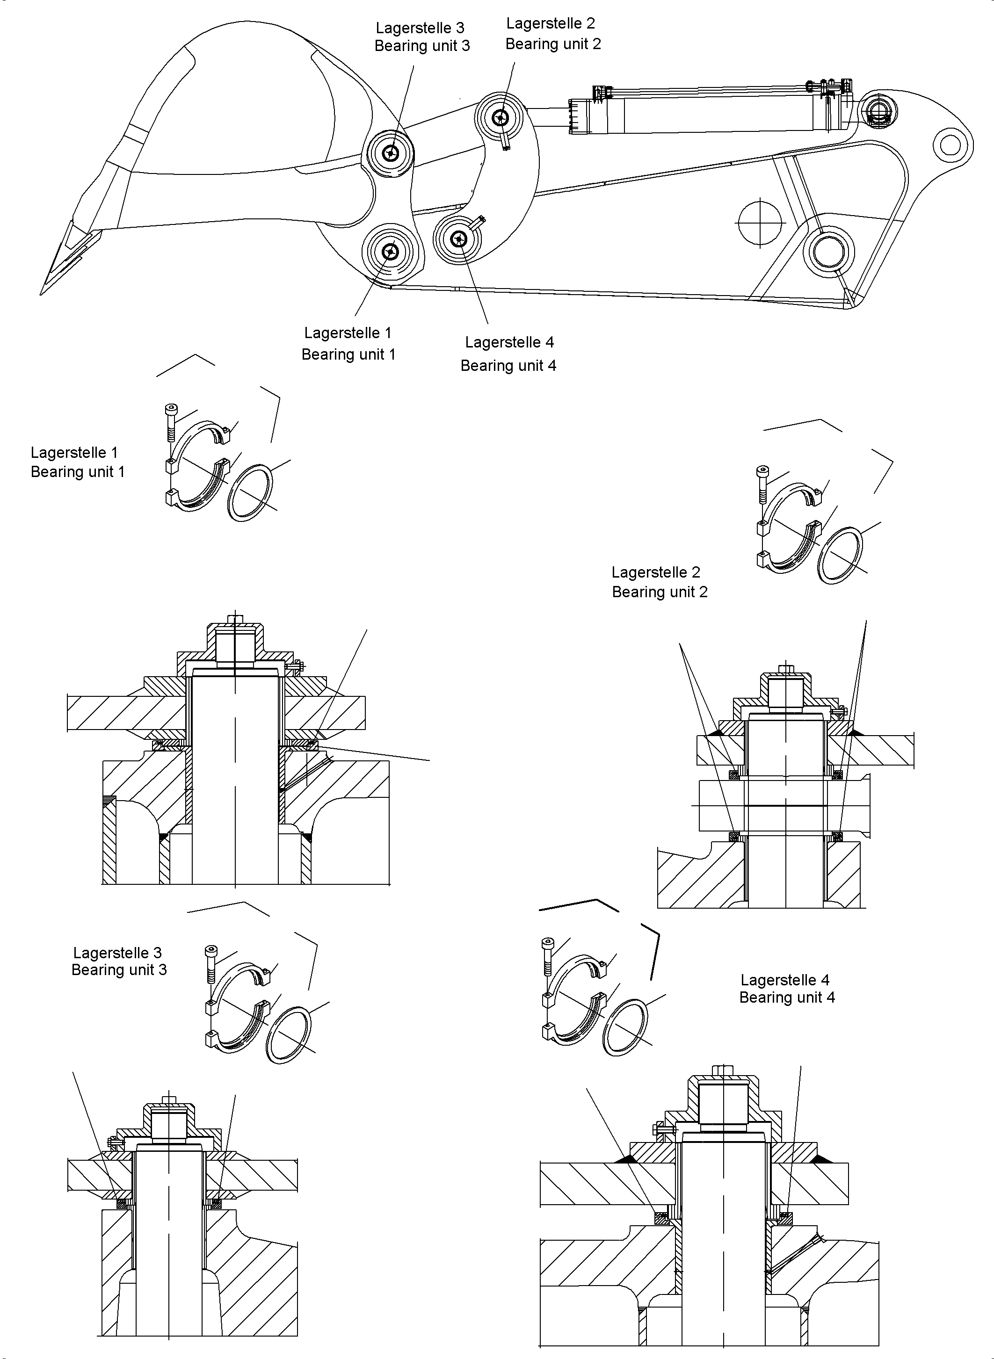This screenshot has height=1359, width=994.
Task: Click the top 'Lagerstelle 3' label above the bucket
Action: pos(420,28)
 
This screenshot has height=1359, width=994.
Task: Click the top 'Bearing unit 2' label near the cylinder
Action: pos(553,44)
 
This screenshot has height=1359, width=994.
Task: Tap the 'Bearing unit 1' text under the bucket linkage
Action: pos(348,354)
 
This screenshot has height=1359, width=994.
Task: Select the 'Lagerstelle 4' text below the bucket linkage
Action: pos(509,342)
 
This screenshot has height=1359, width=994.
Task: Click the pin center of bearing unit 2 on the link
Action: pos(500,118)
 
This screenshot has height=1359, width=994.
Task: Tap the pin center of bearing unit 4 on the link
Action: pos(459,239)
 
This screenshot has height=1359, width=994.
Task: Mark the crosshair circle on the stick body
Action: pos(760,222)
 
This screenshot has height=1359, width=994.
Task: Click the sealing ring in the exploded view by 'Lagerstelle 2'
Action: pos(841,555)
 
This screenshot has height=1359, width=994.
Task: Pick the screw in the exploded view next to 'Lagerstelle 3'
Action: pos(211,961)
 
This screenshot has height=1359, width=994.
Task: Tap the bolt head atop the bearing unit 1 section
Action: pos(235,619)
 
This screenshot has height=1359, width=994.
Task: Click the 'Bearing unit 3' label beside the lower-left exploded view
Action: pos(119,970)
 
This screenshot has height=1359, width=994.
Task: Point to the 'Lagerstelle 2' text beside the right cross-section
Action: pos(656,572)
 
